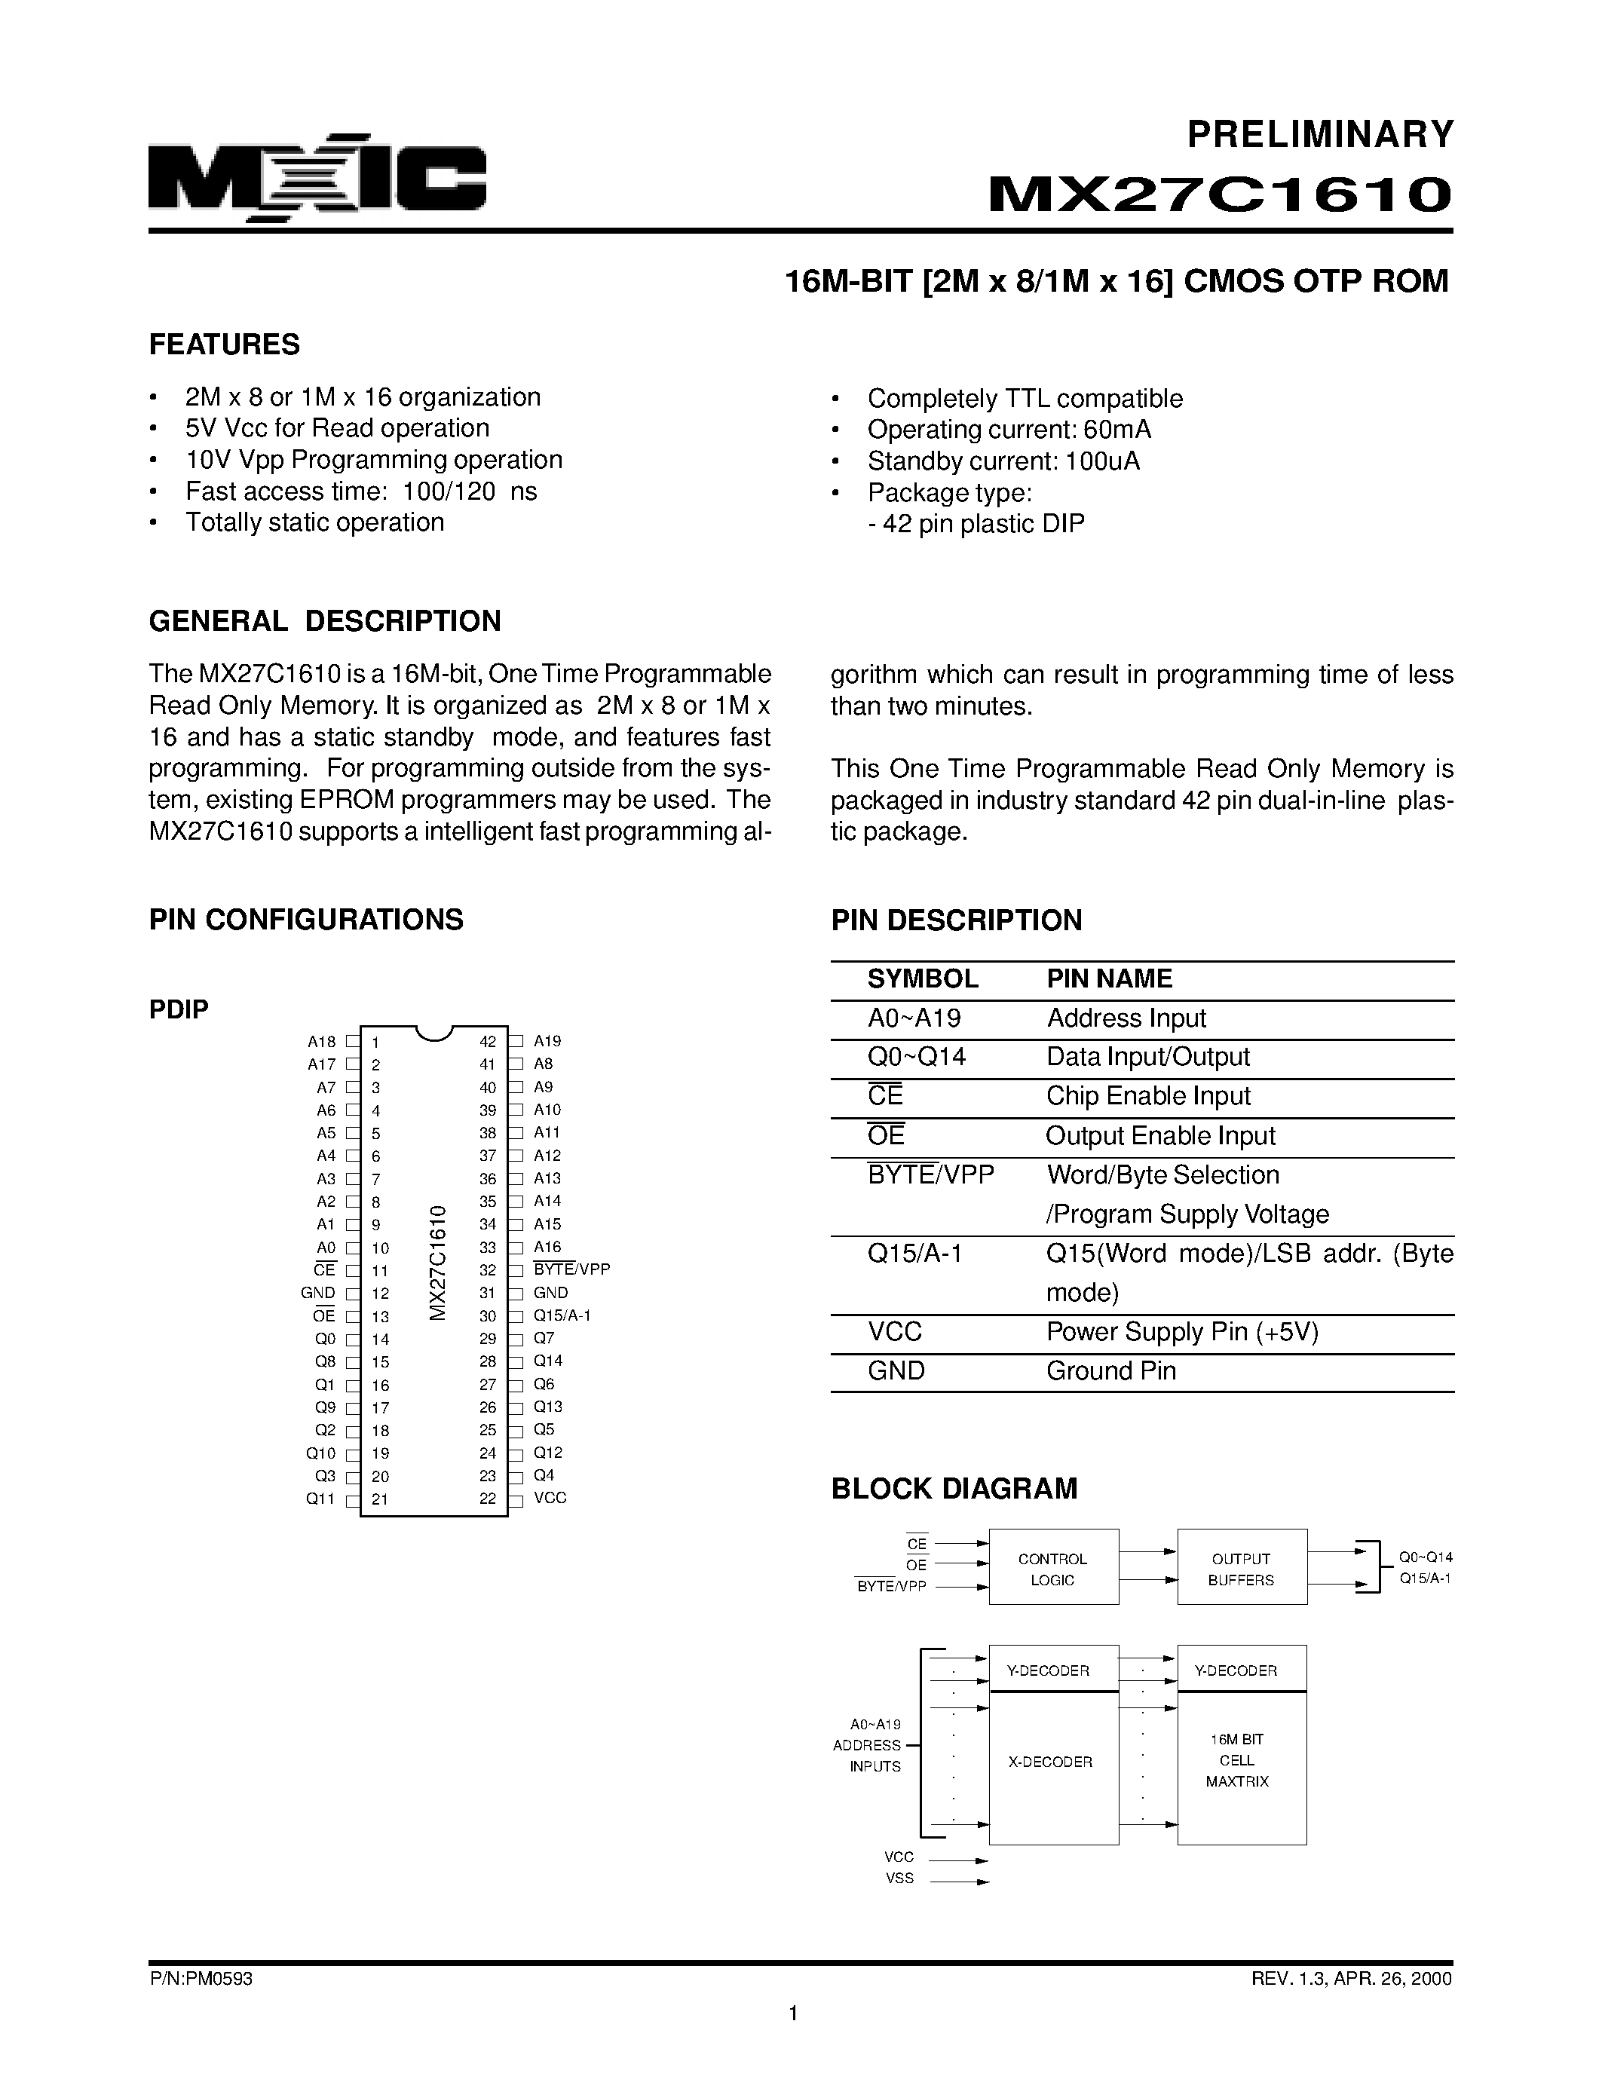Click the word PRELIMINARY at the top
(1320, 135)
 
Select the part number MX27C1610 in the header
(1220, 194)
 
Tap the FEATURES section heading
(224, 344)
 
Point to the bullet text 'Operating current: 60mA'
(1008, 430)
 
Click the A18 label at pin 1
(322, 1041)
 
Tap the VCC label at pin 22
(550, 1498)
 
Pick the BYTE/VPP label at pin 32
(571, 1269)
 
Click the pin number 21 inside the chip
(380, 1499)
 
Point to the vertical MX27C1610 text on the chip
(437, 1263)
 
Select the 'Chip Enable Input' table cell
(1147, 1096)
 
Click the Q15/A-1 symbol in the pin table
(915, 1254)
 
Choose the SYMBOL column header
(923, 978)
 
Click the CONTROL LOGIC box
(1052, 1569)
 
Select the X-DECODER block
(1052, 1762)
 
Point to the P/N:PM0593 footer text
(201, 1979)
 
